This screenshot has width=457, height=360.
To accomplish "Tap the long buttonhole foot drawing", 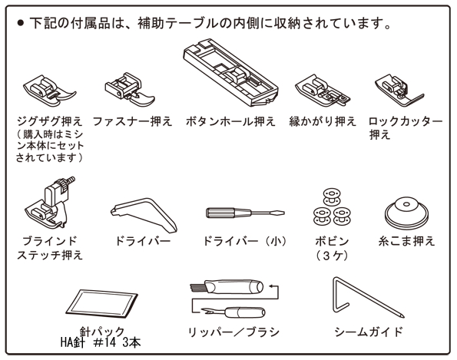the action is (231, 73).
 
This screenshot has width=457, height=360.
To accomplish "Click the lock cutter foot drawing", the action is (398, 91).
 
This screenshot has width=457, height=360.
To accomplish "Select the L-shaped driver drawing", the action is (144, 214).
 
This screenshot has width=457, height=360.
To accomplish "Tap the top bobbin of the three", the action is (332, 197).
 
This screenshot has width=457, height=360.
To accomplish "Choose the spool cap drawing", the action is (406, 213).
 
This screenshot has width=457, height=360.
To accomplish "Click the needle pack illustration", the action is (101, 304).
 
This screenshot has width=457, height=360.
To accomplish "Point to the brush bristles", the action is (197, 288).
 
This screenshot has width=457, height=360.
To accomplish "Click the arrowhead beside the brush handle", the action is (271, 286).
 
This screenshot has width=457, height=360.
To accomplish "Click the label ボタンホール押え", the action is (230, 121).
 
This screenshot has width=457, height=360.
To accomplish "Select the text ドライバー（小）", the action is (244, 242).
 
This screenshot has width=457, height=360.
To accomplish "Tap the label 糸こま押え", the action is (406, 242).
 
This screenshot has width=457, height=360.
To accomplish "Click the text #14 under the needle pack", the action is (104, 342).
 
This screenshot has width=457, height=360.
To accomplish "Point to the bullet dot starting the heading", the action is (20, 23).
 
